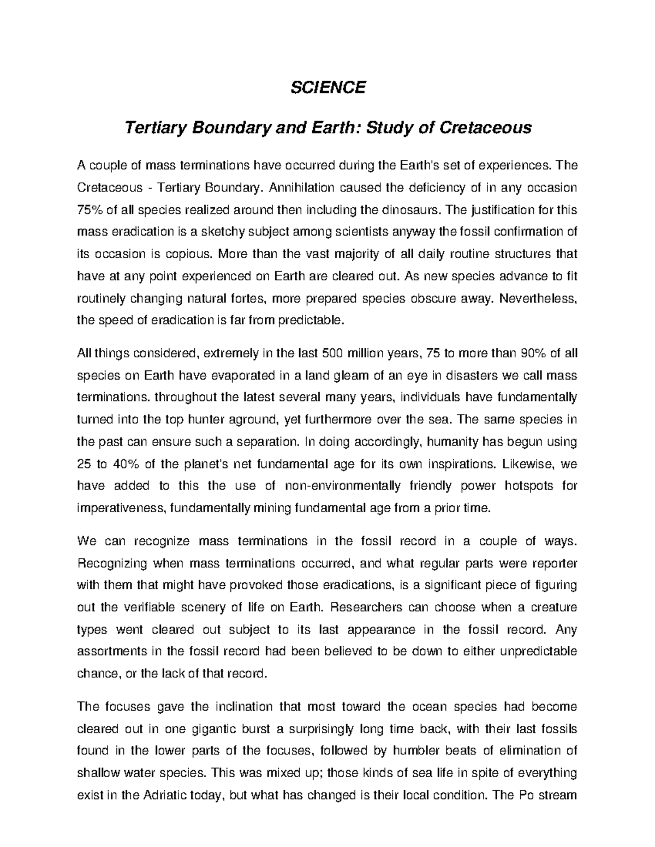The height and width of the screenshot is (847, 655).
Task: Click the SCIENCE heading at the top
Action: [327, 87]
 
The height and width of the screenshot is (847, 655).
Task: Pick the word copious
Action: [188, 254]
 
